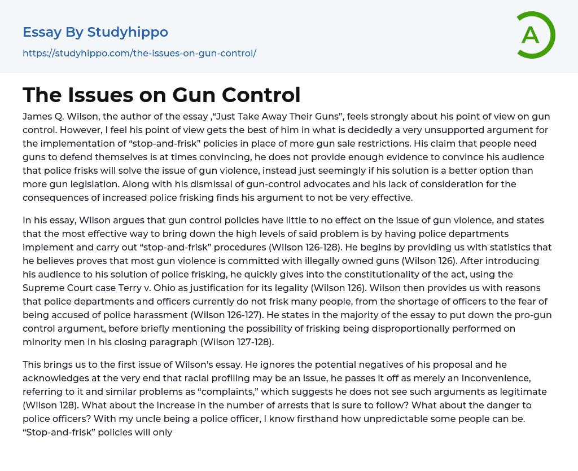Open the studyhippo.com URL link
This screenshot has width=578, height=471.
pyautogui.click(x=139, y=54)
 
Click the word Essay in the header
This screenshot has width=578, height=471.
pyautogui.click(x=42, y=32)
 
